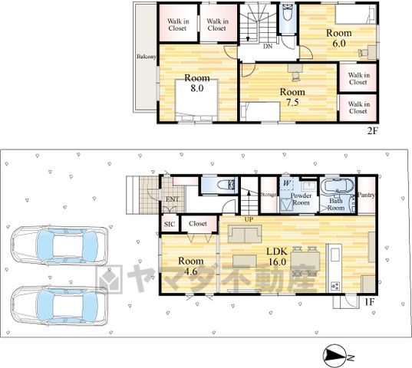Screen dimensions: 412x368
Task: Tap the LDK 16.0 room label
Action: point(277,256)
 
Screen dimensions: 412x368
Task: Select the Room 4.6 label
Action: point(191,266)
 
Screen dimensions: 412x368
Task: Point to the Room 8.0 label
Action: point(197,83)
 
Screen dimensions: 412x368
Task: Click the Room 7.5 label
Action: point(292,97)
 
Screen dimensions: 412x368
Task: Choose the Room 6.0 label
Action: point(339,38)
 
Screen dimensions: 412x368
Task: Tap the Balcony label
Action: point(147,57)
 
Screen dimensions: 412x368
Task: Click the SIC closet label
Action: point(170,225)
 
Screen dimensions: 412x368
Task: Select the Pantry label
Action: point(366,195)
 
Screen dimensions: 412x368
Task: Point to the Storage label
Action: point(269,195)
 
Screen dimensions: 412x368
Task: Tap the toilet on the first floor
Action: point(226,185)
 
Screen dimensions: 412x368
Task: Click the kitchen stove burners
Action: point(335,286)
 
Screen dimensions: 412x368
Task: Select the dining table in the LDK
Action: point(305,261)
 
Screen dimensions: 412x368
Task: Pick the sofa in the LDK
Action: point(245,234)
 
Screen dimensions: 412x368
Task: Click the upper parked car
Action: point(59,245)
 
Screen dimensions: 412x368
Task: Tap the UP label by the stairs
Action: point(249,219)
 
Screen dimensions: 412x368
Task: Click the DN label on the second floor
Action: point(268,47)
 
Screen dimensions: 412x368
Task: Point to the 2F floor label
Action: point(372,130)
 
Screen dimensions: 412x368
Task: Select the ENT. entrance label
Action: point(173,199)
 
